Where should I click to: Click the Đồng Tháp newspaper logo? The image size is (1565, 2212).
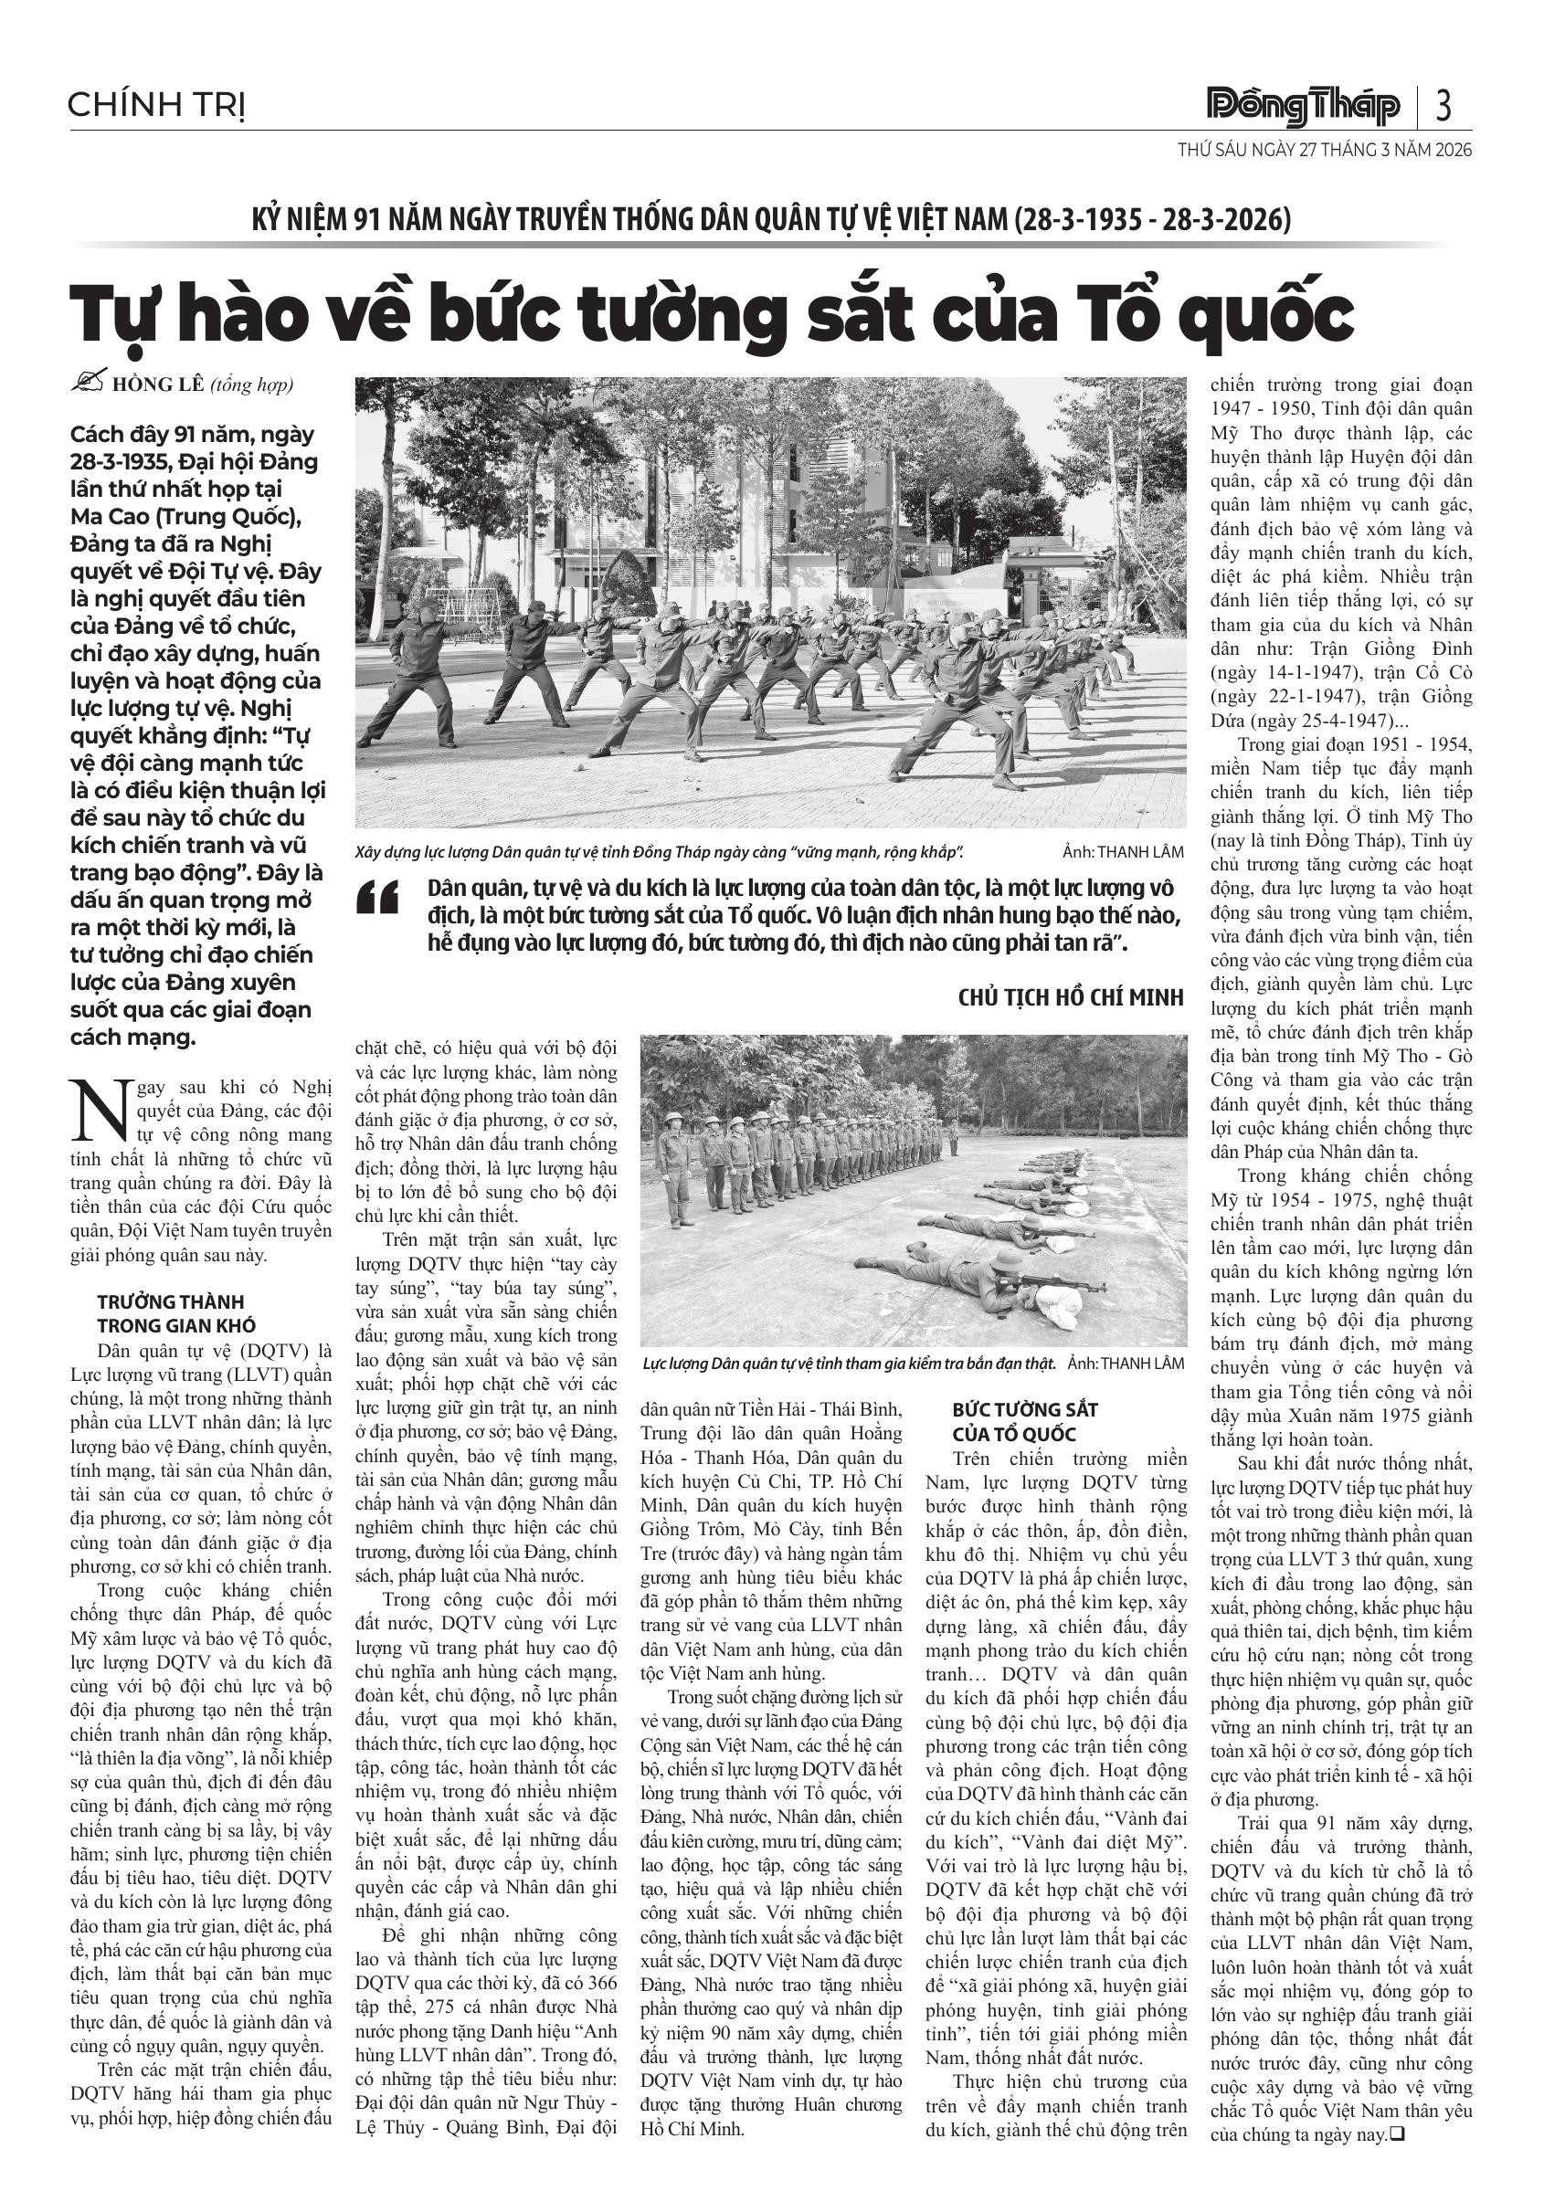pyautogui.click(x=1304, y=107)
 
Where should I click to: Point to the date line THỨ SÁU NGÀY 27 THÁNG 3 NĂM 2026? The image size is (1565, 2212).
pyautogui.click(x=1324, y=151)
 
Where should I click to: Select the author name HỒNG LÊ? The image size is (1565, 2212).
pyautogui.click(x=158, y=384)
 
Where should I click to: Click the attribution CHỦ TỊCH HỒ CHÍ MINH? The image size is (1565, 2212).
pyautogui.click(x=1071, y=997)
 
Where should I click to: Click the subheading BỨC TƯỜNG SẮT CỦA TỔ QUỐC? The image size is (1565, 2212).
pyautogui.click(x=1024, y=1421)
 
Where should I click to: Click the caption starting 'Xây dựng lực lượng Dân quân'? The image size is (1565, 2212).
pyautogui.click(x=661, y=853)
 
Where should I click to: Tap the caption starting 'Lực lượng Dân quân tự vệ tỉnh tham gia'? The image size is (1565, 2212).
pyautogui.click(x=849, y=1364)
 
